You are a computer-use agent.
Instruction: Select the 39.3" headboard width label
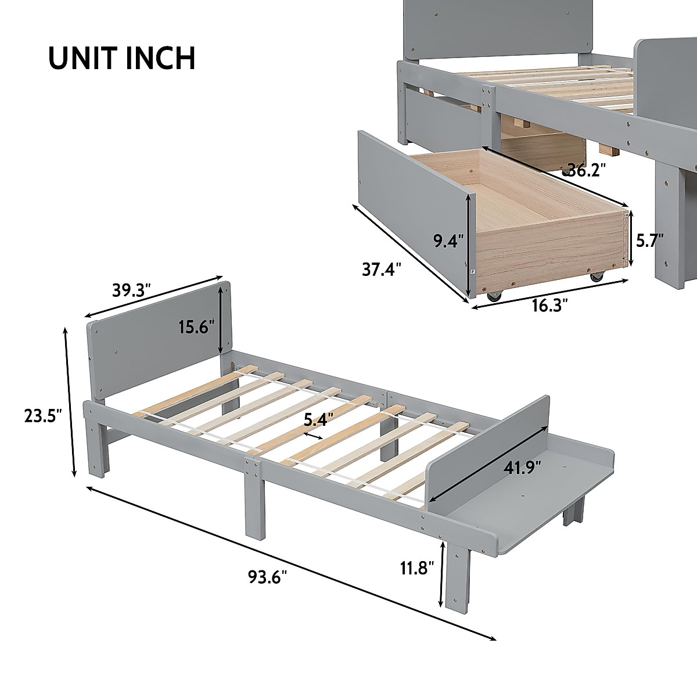coord(131,289)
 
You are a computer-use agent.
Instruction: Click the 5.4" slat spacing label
coord(317,416)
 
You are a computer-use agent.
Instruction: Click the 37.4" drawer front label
coord(382,270)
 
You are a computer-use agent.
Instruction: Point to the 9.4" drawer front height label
coord(448,240)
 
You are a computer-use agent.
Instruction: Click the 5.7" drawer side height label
coord(649,239)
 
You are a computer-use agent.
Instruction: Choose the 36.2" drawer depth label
coord(588,170)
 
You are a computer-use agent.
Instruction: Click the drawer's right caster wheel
coord(597,278)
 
